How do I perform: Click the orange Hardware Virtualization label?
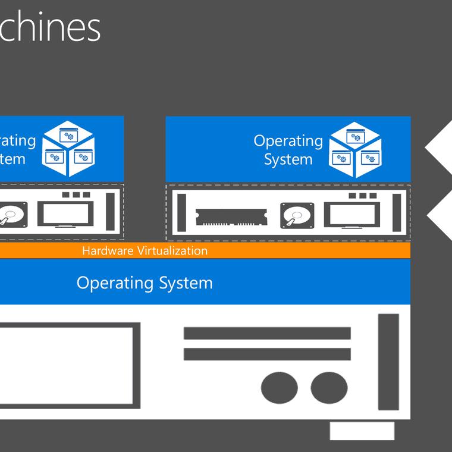tap(145, 250)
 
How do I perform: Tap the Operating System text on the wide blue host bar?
tap(145, 282)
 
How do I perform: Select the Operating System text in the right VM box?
tap(288, 150)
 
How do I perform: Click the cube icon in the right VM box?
tap(355, 150)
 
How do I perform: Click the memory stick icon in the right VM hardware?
tap(231, 215)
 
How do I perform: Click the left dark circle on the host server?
tap(279, 388)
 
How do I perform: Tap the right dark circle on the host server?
tap(329, 388)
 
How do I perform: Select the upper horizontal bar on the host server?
tap(267, 333)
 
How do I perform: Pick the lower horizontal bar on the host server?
tap(267, 354)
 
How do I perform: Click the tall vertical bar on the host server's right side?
tap(388, 362)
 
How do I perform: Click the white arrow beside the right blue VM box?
tap(440, 149)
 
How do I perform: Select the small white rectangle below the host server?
tap(362, 431)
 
